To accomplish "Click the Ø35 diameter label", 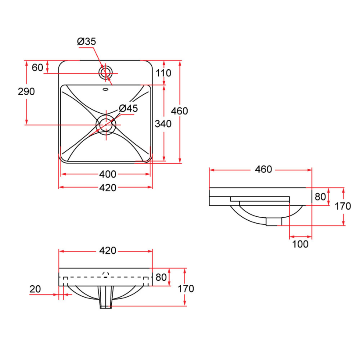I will click(x=86, y=42).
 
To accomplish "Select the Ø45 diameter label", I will click(x=128, y=108).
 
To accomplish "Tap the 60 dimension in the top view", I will click(x=38, y=68).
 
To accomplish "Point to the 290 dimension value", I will click(x=26, y=92).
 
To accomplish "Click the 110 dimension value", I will click(x=164, y=73).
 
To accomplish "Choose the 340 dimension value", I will click(x=163, y=124).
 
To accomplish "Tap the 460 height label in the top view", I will click(x=180, y=111).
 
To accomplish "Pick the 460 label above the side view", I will click(x=264, y=170).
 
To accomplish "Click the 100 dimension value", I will click(x=300, y=244).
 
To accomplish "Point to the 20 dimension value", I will click(x=35, y=289).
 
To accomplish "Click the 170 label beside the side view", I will click(x=343, y=206).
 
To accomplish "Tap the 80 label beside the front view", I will click(x=161, y=277).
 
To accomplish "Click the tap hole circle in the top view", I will click(x=106, y=72).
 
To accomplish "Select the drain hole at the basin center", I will click(x=106, y=125).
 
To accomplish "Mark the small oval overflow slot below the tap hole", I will click(x=106, y=90).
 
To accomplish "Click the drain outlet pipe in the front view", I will click(x=106, y=298).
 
